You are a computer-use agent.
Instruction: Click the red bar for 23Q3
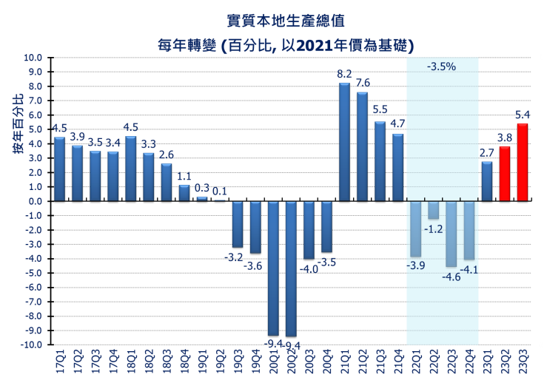[523, 163]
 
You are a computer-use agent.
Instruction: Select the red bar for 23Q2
[505, 174]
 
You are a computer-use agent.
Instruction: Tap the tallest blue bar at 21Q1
[344, 142]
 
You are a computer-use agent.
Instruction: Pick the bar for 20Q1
[273, 268]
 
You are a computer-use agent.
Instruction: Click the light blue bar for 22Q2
[433, 210]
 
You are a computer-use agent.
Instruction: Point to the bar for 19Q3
[238, 225]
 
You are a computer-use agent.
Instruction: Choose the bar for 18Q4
[184, 194]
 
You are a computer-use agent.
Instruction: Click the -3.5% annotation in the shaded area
[441, 67]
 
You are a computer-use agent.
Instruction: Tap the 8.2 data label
[344, 74]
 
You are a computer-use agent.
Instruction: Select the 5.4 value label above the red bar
[523, 115]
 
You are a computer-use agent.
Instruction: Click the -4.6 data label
[451, 277]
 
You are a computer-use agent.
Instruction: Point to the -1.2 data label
[434, 229]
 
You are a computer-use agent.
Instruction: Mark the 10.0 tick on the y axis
[33, 58]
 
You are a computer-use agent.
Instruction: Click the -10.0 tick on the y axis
[31, 345]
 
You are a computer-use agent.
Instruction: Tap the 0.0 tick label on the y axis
[35, 201]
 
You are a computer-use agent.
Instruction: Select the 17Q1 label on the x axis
[60, 362]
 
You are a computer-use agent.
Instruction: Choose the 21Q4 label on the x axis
[398, 362]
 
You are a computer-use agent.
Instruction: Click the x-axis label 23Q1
[487, 362]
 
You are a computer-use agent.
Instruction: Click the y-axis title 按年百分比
[18, 123]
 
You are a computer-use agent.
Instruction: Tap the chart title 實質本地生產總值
[286, 21]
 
